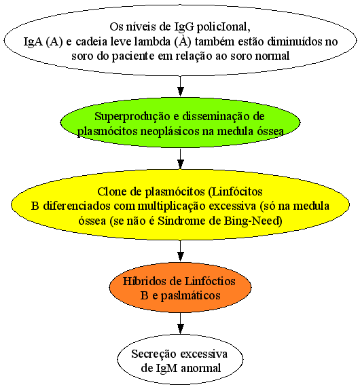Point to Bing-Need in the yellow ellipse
pos(253,221)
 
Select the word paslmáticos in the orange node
pos(190,296)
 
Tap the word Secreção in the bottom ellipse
pos(154,354)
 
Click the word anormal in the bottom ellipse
pos(201,368)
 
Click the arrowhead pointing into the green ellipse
pos(180,92)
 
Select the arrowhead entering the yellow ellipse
pos(180,164)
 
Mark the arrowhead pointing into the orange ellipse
pos(180,257)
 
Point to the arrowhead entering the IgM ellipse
pos(180,329)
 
